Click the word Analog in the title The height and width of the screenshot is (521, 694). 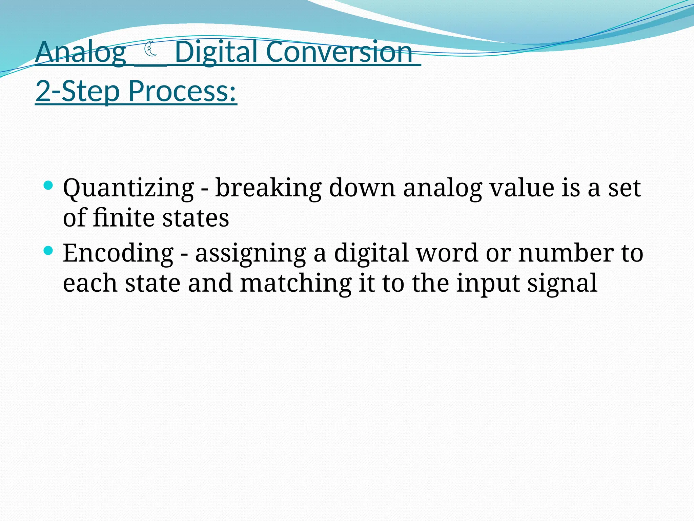tap(81, 53)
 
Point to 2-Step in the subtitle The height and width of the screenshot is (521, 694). tap(78, 91)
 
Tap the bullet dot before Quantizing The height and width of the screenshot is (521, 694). tap(48, 185)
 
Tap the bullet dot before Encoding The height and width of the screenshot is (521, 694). tap(48, 251)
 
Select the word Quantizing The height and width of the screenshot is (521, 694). tap(128, 188)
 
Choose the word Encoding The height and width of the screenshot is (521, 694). tap(118, 253)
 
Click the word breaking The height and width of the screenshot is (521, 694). tap(268, 188)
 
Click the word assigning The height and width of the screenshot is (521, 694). tap(250, 254)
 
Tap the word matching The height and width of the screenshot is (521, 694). tap(295, 284)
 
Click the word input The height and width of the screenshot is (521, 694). tap(488, 284)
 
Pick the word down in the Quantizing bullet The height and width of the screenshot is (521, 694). tap(362, 188)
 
